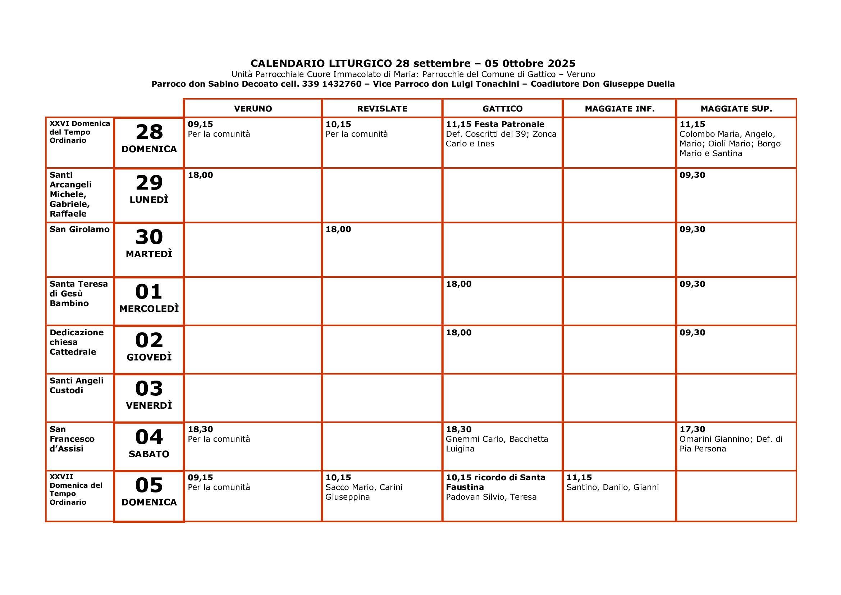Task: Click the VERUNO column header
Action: click(253, 109)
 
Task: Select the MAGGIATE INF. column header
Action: click(620, 109)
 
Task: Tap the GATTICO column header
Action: click(502, 109)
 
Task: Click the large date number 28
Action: click(149, 132)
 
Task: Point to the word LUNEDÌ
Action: click(149, 200)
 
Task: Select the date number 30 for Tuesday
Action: click(149, 237)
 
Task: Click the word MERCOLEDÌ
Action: click(149, 309)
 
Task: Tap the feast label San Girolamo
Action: click(79, 230)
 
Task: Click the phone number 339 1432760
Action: click(332, 84)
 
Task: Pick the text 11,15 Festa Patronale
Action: click(495, 124)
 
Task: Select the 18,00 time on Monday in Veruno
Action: click(200, 175)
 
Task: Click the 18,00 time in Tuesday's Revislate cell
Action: click(338, 230)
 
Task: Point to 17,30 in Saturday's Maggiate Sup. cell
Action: click(692, 429)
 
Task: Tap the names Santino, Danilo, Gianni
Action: click(612, 487)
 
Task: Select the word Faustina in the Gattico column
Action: click(465, 487)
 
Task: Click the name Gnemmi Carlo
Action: click(475, 439)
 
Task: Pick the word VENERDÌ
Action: click(149, 405)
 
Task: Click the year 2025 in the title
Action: click(562, 63)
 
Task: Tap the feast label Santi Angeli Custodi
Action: click(77, 385)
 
